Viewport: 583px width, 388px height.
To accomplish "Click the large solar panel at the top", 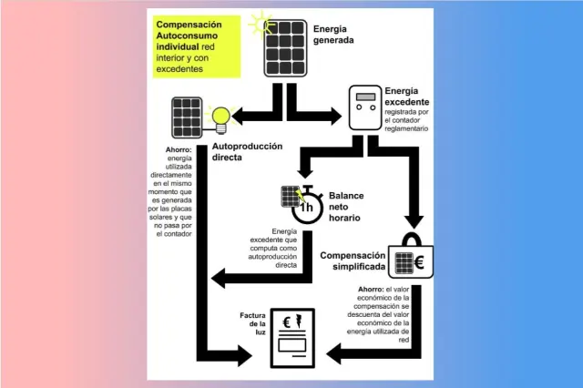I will tap(285, 49).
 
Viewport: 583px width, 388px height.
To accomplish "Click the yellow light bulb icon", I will tap(219, 116).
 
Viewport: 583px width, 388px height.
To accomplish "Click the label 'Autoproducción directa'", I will tap(247, 151).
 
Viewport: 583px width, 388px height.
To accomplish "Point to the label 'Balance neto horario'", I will tap(346, 207).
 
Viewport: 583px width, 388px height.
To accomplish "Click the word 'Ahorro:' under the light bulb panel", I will tap(179, 149).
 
